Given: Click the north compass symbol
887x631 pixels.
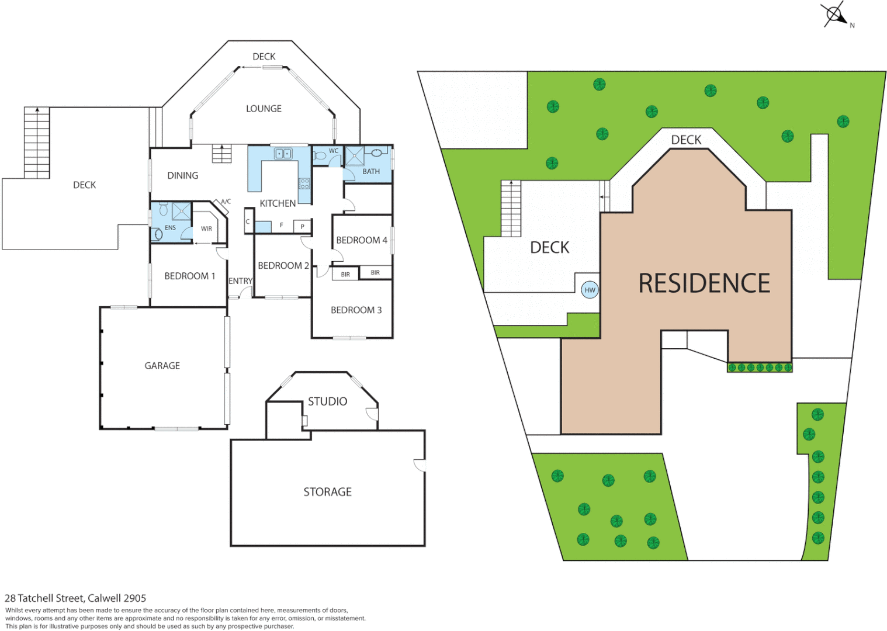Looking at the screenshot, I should [x=834, y=14].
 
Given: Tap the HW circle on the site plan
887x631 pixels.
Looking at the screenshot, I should [x=590, y=290].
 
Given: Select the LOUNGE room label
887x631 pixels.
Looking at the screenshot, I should [x=264, y=109].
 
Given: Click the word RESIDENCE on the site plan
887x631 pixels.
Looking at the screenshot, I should [x=704, y=284].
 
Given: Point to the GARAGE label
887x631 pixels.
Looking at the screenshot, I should [x=162, y=366].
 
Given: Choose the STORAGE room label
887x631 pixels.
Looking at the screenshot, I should [x=327, y=492].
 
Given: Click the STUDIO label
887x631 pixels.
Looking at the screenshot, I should [x=327, y=401].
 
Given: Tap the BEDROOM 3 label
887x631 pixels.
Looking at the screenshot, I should [x=356, y=310].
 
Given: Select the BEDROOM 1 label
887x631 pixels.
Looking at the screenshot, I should [x=189, y=276].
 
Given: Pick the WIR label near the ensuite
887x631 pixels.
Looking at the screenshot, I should [x=206, y=228].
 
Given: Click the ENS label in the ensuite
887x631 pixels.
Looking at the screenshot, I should [x=170, y=228].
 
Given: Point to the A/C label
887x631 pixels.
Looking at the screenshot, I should [x=226, y=202].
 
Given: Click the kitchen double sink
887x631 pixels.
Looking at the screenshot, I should [x=283, y=154].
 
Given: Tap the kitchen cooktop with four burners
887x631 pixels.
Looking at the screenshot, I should [x=304, y=183].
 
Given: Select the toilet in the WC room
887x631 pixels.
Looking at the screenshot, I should [x=320, y=156].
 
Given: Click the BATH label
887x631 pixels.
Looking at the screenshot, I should [x=371, y=172].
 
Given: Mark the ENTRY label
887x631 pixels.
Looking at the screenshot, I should [x=240, y=281].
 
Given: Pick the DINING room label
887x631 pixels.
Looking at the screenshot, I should [x=182, y=175].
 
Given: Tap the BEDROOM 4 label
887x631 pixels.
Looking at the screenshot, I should [x=361, y=240].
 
